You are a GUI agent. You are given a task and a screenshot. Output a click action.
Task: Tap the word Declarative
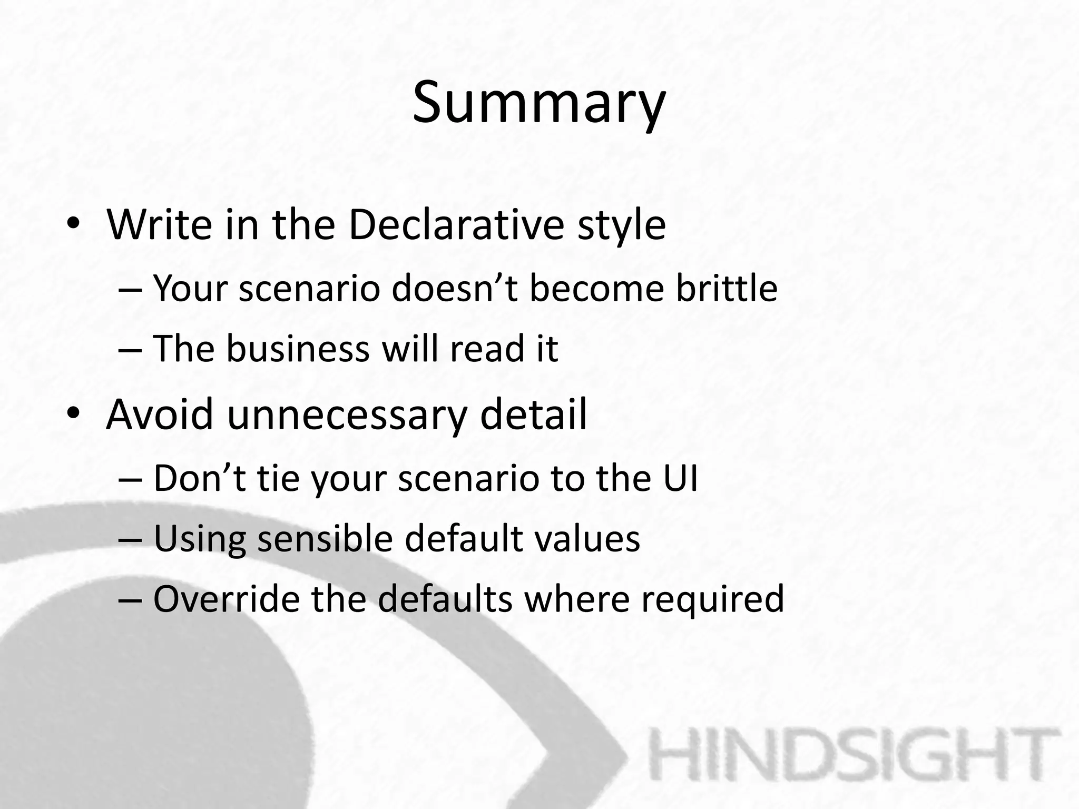pyautogui.click(x=456, y=225)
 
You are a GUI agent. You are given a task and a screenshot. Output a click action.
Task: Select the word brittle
pyautogui.click(x=727, y=289)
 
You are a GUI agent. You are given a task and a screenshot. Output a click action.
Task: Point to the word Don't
pyautogui.click(x=200, y=478)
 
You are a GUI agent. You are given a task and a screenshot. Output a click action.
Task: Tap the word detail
pyautogui.click(x=533, y=415)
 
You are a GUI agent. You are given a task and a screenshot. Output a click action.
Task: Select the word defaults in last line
pyautogui.click(x=445, y=599)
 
